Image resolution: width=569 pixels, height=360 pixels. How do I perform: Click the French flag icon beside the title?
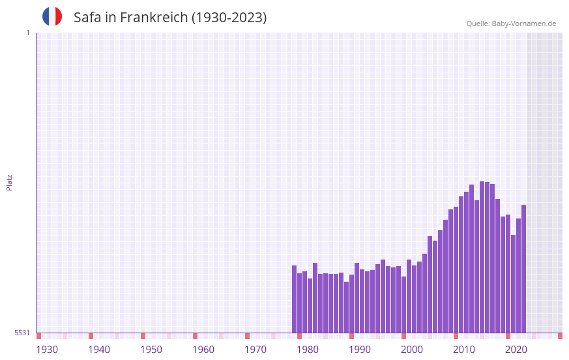52,16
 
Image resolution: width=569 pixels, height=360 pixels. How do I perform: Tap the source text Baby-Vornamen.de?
523,23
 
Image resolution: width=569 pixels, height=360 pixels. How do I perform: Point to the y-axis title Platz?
9,182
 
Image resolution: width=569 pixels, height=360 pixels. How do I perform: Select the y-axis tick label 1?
27,33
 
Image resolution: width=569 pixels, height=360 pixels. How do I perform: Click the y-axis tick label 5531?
22,333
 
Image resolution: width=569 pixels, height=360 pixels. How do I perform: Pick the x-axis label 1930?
47,350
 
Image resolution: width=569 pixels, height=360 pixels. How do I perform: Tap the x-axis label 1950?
151,350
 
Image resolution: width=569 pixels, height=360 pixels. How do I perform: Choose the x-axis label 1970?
255,350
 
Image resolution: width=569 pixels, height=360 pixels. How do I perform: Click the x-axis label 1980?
308,350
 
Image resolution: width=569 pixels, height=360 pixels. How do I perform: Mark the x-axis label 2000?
412,350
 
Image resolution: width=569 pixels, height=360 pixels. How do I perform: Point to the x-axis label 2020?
516,350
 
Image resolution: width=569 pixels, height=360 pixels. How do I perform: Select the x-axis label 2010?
464,350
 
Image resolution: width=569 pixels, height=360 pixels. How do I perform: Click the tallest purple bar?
482,257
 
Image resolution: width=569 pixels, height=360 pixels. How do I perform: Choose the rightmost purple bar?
523,269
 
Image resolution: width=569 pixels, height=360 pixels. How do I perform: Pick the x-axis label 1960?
203,350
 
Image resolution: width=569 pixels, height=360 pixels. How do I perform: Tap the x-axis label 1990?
360,350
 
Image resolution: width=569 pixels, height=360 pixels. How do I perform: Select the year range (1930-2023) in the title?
228,18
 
